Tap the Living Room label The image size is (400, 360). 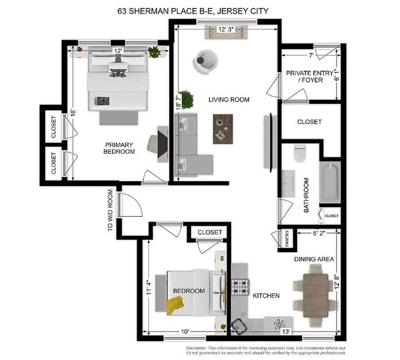point(228,100)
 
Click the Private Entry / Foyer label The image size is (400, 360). point(310,77)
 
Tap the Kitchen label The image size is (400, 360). point(266,296)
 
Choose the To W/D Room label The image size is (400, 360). point(111,210)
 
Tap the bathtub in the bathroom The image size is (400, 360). point(329,182)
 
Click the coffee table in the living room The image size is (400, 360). point(223,129)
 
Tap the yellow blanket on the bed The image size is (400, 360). point(175,304)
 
